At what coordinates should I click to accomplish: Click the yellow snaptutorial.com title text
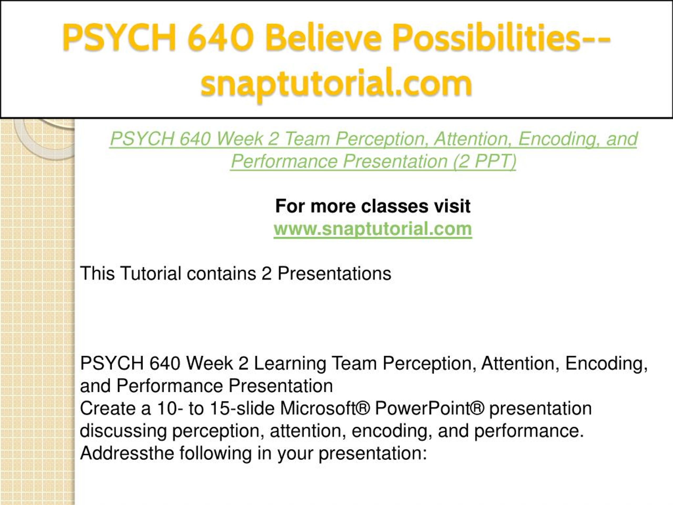pos(336,83)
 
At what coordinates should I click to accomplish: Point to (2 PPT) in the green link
pos(485,161)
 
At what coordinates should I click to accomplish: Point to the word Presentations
pos(334,273)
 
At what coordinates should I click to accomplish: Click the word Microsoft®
pos(325,408)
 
